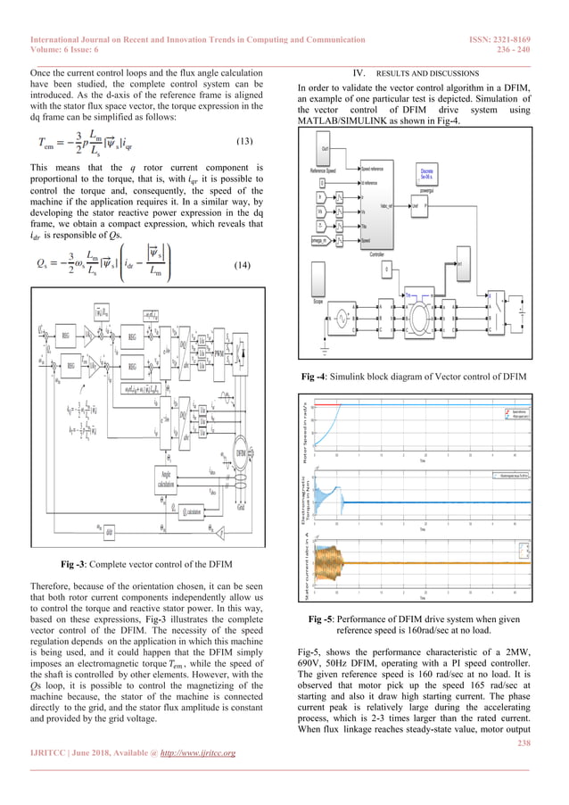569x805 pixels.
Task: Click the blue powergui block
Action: click(428, 175)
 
